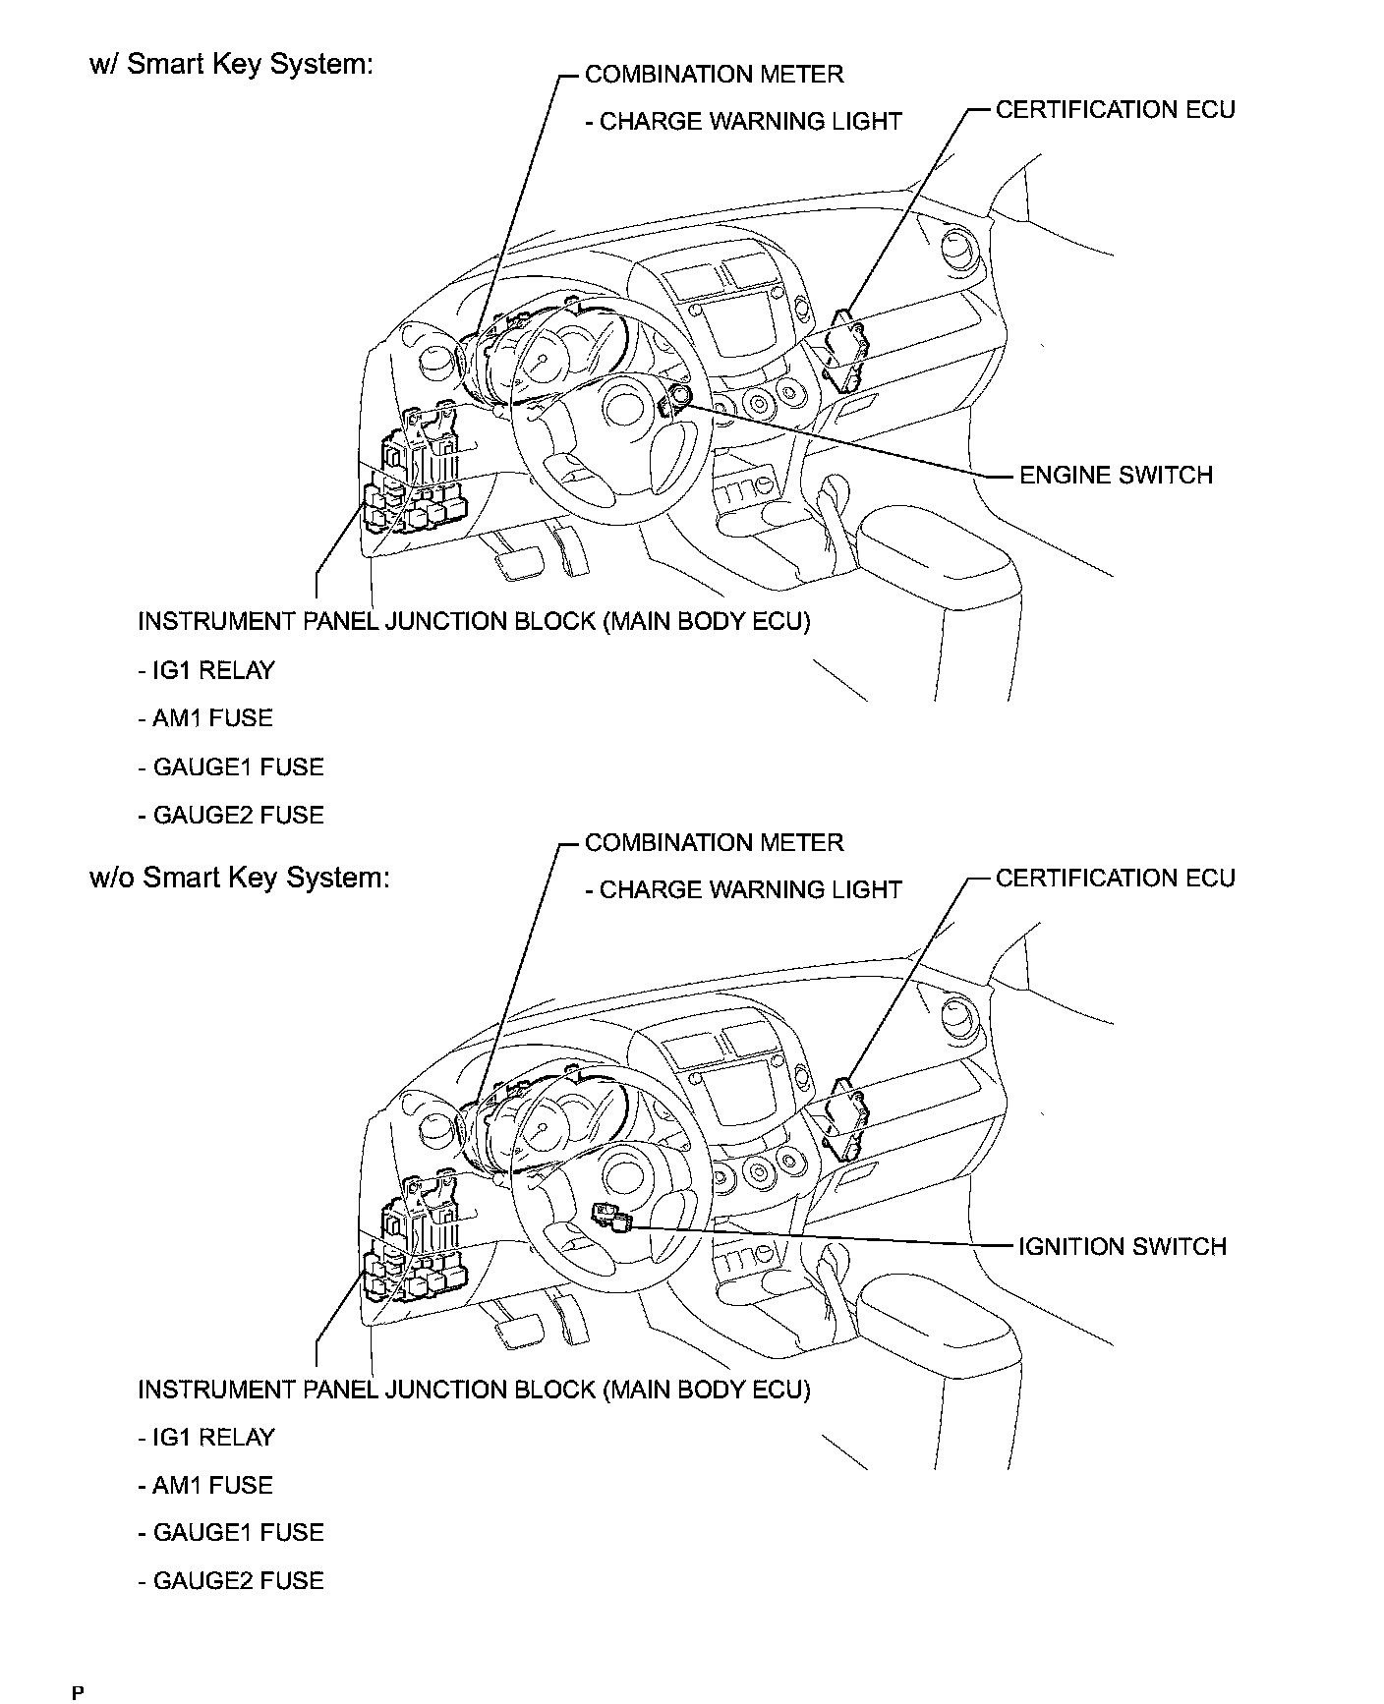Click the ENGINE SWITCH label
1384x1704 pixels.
tap(1116, 476)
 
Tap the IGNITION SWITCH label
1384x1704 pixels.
tap(1123, 1247)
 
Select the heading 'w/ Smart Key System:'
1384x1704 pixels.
tap(231, 65)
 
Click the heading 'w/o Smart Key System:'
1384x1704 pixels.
tap(240, 877)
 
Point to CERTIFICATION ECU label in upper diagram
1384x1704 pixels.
tap(1115, 110)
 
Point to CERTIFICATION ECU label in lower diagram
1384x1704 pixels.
tap(1115, 879)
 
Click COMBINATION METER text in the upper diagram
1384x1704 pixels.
tap(714, 75)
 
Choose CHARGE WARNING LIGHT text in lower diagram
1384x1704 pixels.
tap(743, 890)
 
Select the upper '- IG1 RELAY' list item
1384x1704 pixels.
tap(206, 671)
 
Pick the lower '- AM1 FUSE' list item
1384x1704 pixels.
tap(205, 1485)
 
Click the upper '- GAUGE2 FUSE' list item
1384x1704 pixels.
tap(231, 815)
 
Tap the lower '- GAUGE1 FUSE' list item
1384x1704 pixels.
tap(231, 1532)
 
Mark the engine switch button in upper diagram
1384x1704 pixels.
tap(676, 398)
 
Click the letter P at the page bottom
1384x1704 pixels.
tap(78, 1692)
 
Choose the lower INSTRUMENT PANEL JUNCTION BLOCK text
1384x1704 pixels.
tap(474, 1390)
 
